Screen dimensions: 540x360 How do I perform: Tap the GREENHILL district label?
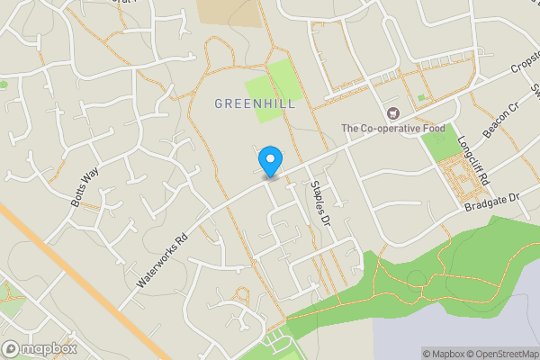[x=255, y=104]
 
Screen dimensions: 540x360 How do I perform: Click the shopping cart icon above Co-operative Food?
[x=393, y=113]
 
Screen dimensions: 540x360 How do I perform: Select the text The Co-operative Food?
[x=392, y=129]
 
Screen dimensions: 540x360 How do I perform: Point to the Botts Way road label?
[x=85, y=185]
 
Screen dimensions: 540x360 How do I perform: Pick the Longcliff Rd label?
[x=472, y=159]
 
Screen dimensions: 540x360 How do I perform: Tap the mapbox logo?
[x=39, y=348]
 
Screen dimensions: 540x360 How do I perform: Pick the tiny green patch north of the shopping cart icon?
[x=420, y=97]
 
